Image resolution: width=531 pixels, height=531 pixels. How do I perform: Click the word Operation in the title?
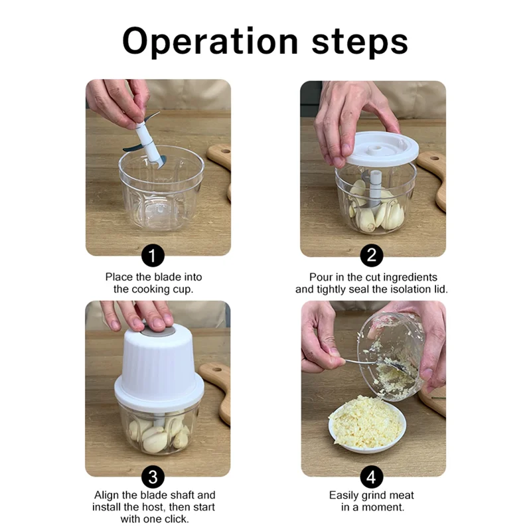pyautogui.click(x=210, y=42)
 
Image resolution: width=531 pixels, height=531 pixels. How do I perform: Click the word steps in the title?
pyautogui.click(x=360, y=42)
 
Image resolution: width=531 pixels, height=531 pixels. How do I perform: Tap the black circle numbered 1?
pyautogui.click(x=153, y=256)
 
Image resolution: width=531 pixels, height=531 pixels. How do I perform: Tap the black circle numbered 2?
pyautogui.click(x=372, y=256)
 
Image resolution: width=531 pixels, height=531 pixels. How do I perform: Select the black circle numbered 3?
pyautogui.click(x=153, y=477)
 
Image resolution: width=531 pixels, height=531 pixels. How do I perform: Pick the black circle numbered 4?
pyautogui.click(x=372, y=477)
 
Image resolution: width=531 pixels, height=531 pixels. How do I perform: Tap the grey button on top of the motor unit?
pyautogui.click(x=159, y=330)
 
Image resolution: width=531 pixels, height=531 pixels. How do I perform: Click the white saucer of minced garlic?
pyautogui.click(x=367, y=427)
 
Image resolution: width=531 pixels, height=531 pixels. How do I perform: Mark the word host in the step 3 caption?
pyautogui.click(x=155, y=507)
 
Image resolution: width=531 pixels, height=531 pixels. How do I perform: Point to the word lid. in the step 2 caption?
pyautogui.click(x=439, y=289)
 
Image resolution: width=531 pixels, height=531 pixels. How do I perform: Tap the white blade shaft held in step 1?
pyautogui.click(x=147, y=142)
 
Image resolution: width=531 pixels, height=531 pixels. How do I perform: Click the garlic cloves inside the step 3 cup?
pyautogui.click(x=159, y=433)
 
